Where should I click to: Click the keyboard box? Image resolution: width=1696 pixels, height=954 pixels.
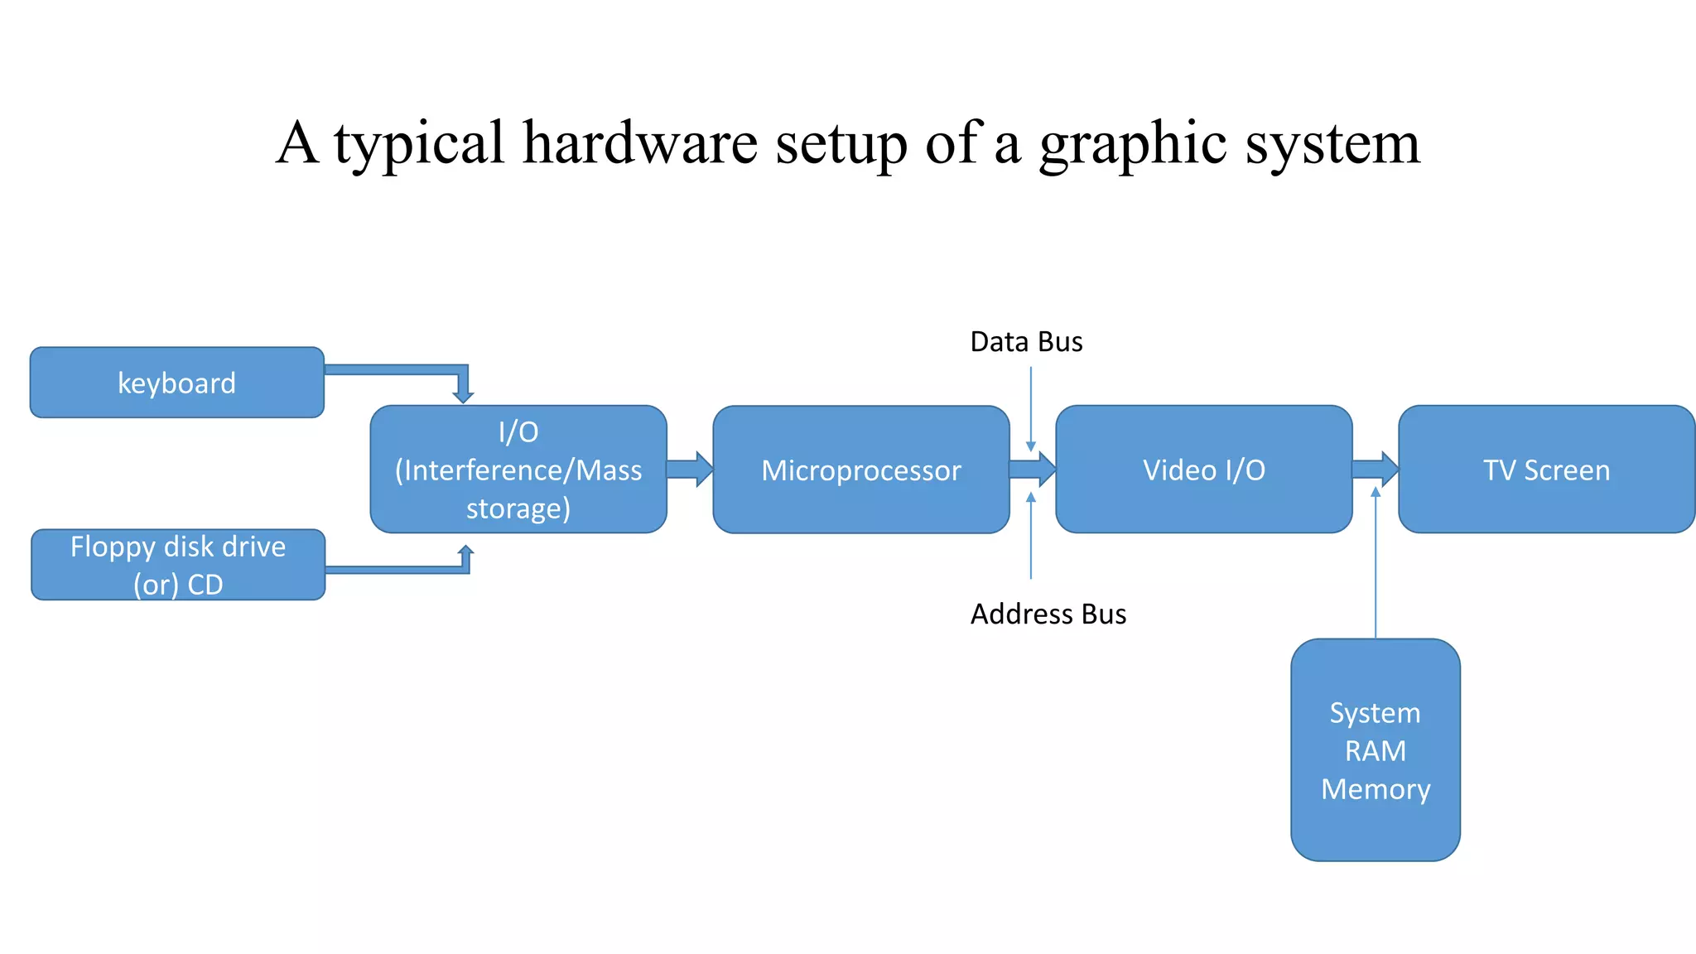point(176,383)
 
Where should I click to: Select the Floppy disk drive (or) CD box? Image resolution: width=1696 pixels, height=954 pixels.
point(177,565)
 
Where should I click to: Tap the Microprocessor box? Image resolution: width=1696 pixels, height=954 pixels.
point(860,470)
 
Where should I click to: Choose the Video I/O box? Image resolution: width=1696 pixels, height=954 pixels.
point(1203,470)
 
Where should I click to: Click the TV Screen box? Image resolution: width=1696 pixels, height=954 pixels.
point(1546,470)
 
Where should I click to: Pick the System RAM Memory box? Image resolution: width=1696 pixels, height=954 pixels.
point(1375,749)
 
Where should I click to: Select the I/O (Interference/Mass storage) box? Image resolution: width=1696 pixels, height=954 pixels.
point(518,470)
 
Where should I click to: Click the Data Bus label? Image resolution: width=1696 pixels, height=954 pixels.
point(1026,341)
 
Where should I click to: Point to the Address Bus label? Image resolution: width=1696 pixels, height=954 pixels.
point(1048,614)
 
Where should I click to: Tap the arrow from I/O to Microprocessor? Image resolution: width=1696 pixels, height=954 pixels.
point(689,470)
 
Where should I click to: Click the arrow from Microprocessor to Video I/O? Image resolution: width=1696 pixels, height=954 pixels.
point(1032,470)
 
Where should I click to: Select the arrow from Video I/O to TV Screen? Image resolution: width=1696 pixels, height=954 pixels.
point(1375,470)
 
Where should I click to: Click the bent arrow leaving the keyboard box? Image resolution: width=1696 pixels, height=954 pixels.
point(397,369)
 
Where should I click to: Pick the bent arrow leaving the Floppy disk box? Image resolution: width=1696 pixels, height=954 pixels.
point(397,570)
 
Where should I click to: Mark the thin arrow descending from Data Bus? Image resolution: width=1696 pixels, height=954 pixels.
point(1031,406)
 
